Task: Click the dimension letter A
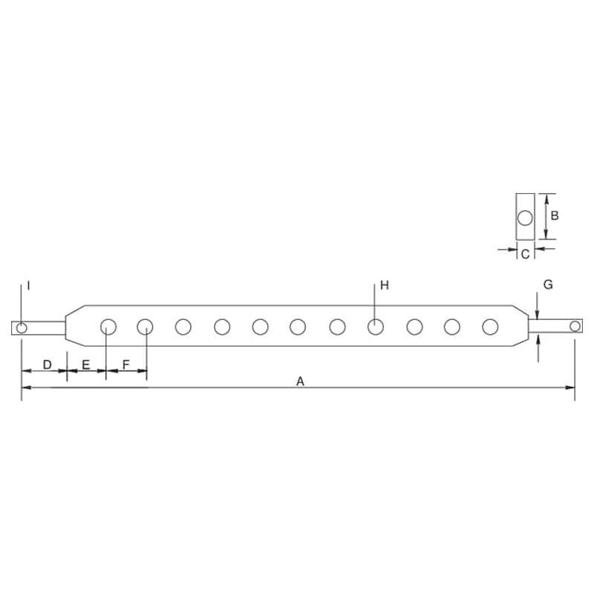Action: (300, 381)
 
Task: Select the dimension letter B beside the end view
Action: (555, 216)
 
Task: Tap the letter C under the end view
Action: (525, 254)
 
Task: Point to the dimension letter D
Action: (47, 365)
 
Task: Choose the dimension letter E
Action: (86, 365)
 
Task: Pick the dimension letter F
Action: (126, 365)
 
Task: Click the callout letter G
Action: (548, 284)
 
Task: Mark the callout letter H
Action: (385, 285)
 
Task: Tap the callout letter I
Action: (28, 285)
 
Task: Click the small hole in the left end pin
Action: (22, 327)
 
